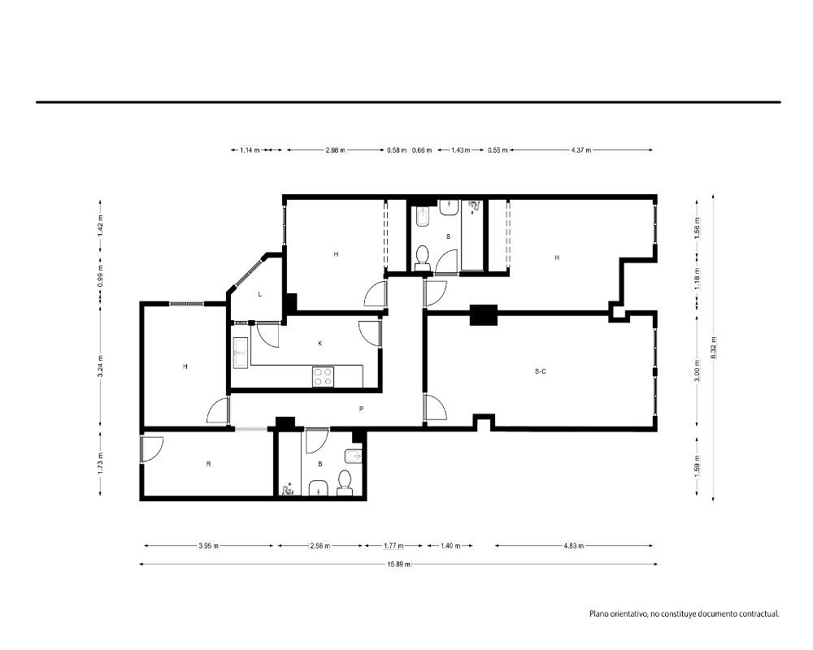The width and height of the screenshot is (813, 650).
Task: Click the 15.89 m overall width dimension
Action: click(x=398, y=564)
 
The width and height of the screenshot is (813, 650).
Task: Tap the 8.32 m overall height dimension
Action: click(x=714, y=347)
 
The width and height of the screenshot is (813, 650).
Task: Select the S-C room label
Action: click(x=541, y=371)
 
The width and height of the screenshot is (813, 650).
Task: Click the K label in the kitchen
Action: click(x=320, y=343)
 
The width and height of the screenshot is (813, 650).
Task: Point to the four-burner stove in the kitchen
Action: click(x=323, y=376)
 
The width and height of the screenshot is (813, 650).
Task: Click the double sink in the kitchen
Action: click(x=241, y=353)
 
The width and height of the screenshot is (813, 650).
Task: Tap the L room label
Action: click(x=260, y=294)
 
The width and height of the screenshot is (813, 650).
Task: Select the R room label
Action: click(x=208, y=464)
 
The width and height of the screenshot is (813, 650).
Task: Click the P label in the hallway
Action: click(x=361, y=409)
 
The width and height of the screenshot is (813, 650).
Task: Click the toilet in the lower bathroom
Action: click(x=344, y=482)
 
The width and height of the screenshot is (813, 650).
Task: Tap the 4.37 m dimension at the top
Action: click(x=581, y=150)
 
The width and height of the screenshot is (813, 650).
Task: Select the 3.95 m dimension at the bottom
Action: click(x=208, y=546)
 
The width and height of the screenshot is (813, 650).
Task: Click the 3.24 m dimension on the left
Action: click(x=101, y=365)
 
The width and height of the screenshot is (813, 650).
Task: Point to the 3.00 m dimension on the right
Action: click(x=698, y=370)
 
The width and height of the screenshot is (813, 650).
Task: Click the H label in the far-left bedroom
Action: click(x=185, y=366)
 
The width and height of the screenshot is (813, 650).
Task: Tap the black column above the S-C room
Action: click(x=484, y=315)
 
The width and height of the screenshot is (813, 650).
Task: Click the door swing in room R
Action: click(x=152, y=448)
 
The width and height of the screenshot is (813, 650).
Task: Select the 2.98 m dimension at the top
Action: click(x=335, y=150)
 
